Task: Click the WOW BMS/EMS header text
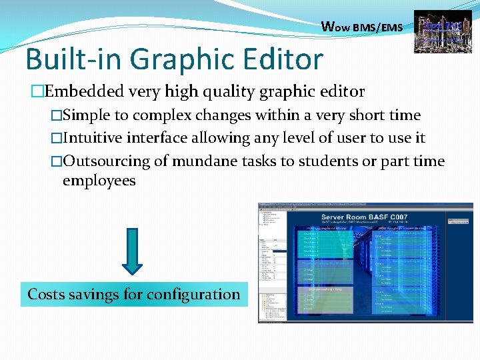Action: click(362, 27)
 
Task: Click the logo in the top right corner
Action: click(438, 31)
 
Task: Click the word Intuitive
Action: click(94, 138)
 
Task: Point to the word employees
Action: click(99, 181)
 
